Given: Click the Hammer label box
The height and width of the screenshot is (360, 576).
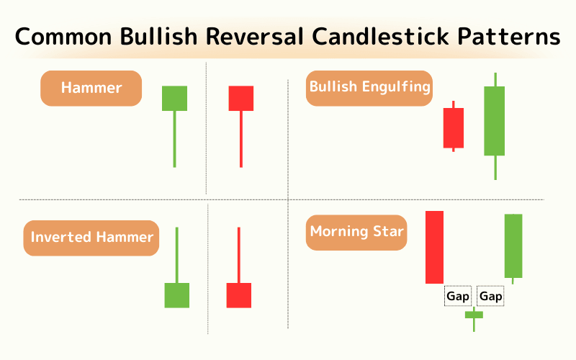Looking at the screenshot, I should point(91,89).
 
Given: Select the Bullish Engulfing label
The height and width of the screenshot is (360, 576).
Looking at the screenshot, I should point(369,88).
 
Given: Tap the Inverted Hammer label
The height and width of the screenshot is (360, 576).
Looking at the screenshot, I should point(91,238).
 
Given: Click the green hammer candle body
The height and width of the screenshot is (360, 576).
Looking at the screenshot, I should point(174,98).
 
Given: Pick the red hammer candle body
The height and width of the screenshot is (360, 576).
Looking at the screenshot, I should point(241,98).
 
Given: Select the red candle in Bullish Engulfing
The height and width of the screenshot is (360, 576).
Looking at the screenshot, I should point(453,127).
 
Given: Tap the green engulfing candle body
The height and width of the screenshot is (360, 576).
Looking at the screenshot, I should point(495,121).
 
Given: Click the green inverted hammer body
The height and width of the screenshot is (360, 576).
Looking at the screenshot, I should point(176,295).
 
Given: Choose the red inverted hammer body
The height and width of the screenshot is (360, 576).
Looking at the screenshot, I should point(239,295).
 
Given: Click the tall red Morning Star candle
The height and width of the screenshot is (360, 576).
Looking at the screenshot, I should point(434,247).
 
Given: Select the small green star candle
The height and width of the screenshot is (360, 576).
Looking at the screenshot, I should point(474,315).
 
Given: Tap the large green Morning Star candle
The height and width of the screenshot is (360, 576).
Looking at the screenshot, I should point(513,246).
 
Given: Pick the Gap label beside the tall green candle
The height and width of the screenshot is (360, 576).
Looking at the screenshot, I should point(491,296).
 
